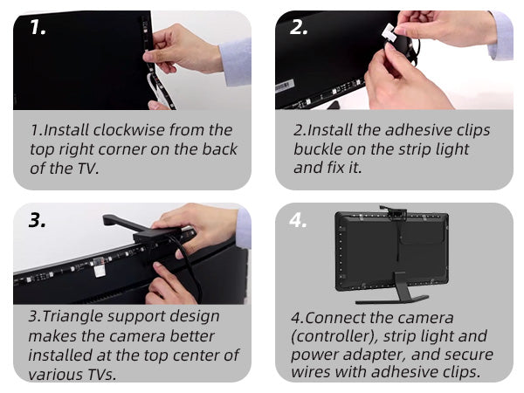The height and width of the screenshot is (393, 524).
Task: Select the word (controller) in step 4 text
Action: click(334, 336)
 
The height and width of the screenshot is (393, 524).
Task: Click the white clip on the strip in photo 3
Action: click(100, 269)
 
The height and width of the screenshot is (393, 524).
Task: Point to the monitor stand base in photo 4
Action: click(392, 300)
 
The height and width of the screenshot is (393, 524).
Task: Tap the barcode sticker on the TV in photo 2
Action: click(285, 86)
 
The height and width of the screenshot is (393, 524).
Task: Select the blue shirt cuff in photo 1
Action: click(235, 61)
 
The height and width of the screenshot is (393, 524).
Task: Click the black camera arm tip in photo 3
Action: click(107, 220)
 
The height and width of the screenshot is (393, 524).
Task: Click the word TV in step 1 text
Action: click(86, 168)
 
